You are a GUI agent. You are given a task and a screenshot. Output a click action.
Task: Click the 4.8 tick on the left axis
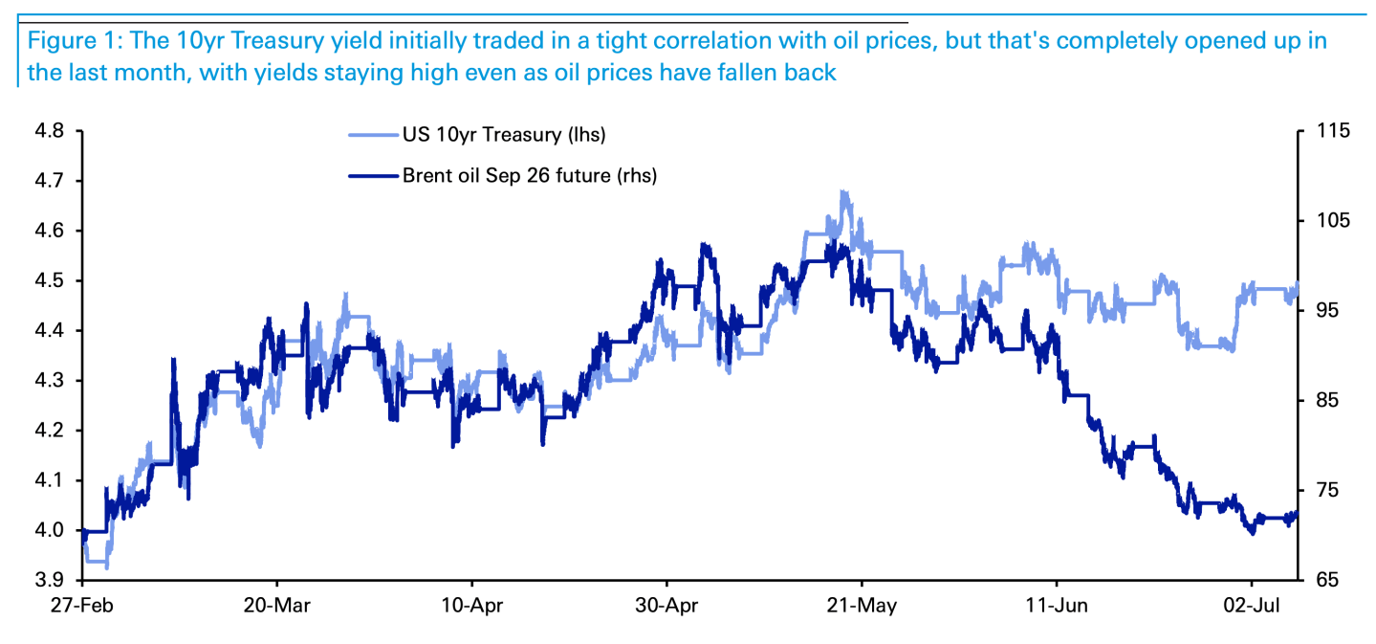[49, 131]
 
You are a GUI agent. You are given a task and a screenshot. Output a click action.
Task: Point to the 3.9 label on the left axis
[49, 580]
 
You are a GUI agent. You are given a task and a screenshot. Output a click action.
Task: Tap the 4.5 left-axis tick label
[49, 280]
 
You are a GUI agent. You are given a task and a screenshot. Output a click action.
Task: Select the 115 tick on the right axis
[1334, 131]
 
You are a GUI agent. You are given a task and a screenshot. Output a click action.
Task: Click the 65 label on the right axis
[1327, 580]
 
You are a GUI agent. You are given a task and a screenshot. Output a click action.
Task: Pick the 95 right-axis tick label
[1327, 310]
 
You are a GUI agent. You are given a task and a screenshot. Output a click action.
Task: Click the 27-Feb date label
[81, 606]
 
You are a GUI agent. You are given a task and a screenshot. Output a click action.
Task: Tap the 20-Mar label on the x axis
[277, 606]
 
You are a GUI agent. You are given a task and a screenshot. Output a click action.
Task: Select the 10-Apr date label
[471, 606]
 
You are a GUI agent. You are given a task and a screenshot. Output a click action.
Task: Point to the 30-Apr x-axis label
[666, 606]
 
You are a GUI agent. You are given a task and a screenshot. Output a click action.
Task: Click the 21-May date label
[862, 606]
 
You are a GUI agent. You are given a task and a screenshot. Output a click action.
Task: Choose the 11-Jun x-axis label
[1057, 606]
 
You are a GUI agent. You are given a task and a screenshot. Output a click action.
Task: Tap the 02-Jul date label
[1252, 606]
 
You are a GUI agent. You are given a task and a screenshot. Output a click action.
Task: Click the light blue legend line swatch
[373, 135]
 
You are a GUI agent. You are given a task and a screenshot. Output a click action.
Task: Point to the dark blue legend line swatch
[373, 176]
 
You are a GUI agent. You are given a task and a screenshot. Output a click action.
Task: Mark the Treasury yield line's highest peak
[844, 191]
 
